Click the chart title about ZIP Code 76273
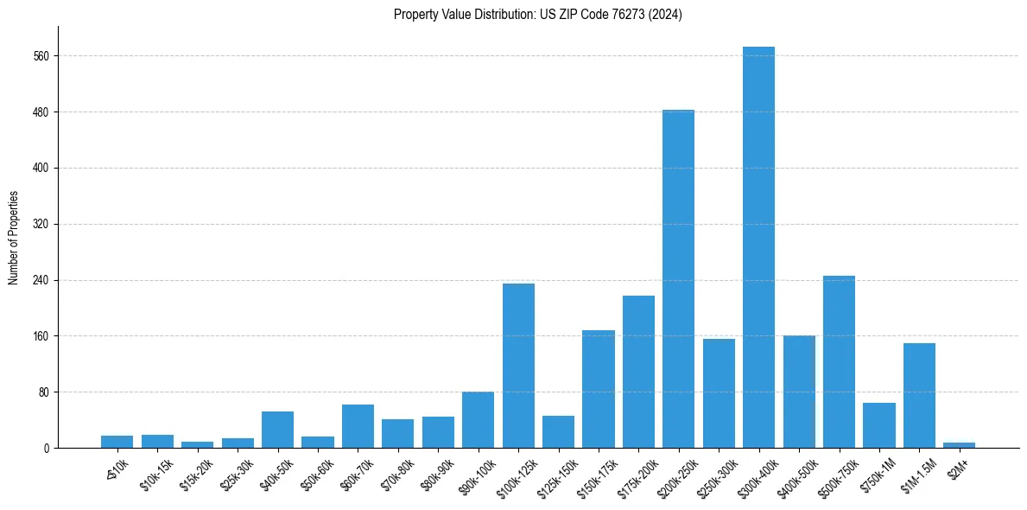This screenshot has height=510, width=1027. pyautogui.click(x=537, y=15)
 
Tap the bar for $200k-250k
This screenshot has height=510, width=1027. pyautogui.click(x=678, y=278)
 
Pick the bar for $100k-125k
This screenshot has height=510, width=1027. pyautogui.click(x=518, y=366)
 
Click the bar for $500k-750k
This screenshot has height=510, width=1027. pyautogui.click(x=839, y=361)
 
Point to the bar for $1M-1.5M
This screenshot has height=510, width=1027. pyautogui.click(x=919, y=395)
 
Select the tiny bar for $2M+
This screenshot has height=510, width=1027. pyautogui.click(x=959, y=445)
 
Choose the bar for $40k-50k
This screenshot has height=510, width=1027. pyautogui.click(x=277, y=430)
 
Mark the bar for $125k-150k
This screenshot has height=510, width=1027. pyautogui.click(x=558, y=431)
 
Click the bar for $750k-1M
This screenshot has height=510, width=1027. pyautogui.click(x=878, y=425)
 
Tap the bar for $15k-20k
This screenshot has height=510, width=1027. pyautogui.click(x=197, y=444)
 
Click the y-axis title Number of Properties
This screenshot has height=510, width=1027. pyautogui.click(x=13, y=238)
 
